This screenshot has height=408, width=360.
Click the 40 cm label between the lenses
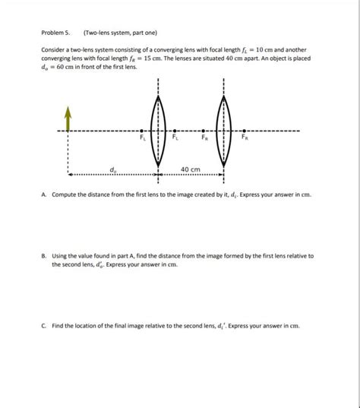tap(190, 169)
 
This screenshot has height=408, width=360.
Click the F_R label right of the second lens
tap(244, 138)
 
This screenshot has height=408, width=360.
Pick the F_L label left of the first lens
tap(143, 138)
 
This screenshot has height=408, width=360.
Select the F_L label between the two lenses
tap(175, 138)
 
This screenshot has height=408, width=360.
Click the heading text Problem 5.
tap(56, 33)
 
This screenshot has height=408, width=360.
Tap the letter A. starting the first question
tap(45, 195)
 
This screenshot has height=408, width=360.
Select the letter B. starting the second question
tap(45, 257)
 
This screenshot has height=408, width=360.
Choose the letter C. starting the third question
tap(45, 326)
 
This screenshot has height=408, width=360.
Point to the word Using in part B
tap(61, 257)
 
